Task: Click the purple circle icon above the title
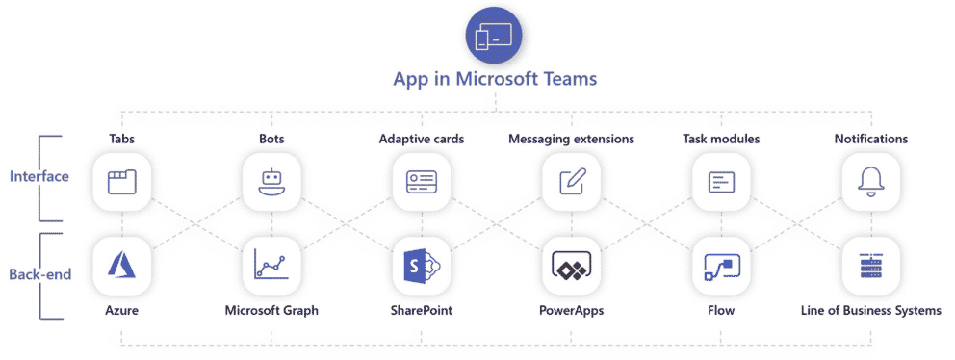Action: click(494, 37)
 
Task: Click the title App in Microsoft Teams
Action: click(494, 80)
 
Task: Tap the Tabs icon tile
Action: click(122, 181)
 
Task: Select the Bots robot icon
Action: click(271, 181)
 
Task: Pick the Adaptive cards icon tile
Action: click(422, 181)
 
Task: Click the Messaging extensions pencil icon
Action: click(571, 181)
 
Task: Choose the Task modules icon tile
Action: click(721, 181)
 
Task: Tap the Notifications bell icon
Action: click(870, 181)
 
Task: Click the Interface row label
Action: click(39, 177)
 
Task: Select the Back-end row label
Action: click(39, 275)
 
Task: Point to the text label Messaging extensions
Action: click(571, 139)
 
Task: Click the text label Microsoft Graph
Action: click(271, 310)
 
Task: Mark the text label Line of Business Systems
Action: click(870, 310)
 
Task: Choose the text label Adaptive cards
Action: click(422, 139)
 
